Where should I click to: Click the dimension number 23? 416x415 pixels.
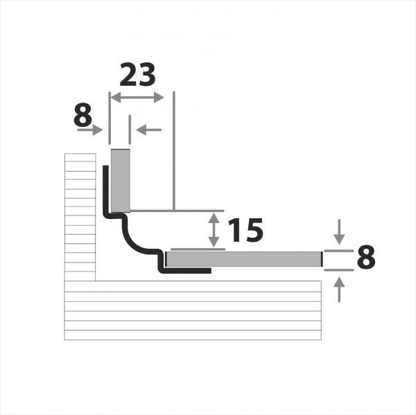pos(137,75)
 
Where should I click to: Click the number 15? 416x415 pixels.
pos(245,230)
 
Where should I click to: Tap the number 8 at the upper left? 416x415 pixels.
pos(83,115)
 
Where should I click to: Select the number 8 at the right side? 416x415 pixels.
pos(366,256)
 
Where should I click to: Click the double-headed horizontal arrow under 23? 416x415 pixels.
pos(137,98)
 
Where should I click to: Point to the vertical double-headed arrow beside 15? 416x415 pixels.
pos(214,230)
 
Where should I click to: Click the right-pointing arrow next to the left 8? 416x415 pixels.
pos(90,130)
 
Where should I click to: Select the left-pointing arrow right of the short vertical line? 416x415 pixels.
pos(148,130)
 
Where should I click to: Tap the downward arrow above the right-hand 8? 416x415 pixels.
pos(339,232)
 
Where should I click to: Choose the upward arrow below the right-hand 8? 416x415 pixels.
pos(339,290)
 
